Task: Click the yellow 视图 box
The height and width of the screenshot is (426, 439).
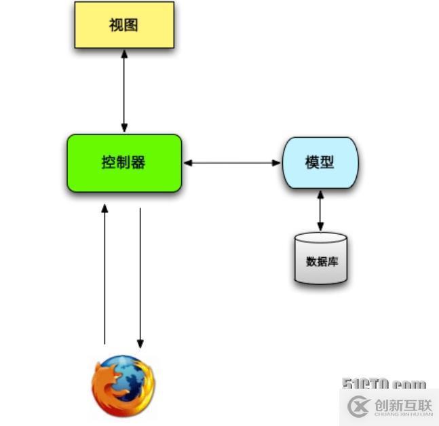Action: [x=124, y=25]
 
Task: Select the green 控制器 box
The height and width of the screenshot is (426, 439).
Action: [x=124, y=163]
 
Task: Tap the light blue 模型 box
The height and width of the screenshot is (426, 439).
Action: [x=320, y=163]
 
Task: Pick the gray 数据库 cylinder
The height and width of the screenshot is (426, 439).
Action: [x=321, y=258]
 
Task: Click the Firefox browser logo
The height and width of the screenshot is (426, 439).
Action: [x=123, y=385]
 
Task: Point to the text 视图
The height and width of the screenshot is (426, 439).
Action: [x=123, y=25]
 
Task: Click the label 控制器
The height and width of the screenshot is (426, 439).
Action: [x=123, y=163]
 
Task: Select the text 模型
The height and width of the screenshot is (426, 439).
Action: [x=320, y=163]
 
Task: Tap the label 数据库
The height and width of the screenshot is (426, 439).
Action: [x=322, y=261]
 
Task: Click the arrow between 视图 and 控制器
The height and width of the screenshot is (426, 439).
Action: [x=124, y=91]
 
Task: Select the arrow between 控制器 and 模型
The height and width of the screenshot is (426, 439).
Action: [x=232, y=163]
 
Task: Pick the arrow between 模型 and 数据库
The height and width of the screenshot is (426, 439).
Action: [x=321, y=211]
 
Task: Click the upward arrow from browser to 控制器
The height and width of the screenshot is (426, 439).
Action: [x=104, y=275]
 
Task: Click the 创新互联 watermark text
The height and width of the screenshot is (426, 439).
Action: [x=402, y=404]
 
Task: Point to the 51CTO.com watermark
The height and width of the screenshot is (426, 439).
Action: [x=384, y=384]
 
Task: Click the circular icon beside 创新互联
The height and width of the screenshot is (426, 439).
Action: [x=358, y=406]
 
